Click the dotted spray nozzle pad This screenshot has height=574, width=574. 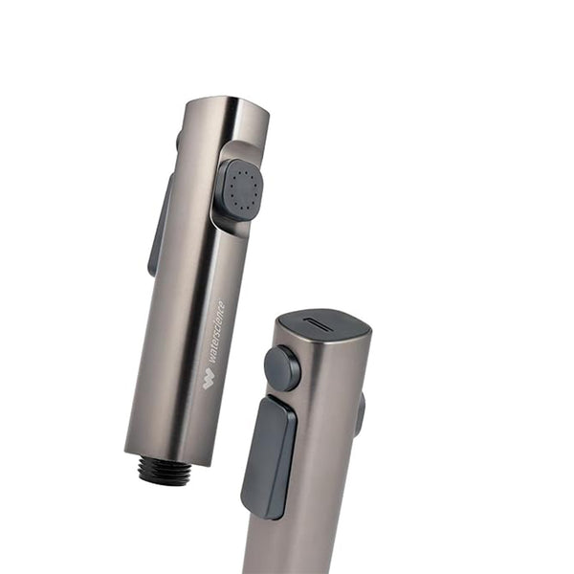coord(241,187)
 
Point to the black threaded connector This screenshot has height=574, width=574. coord(164,471)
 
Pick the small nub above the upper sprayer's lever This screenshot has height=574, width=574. coord(178,141)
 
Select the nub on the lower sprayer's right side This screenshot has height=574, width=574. coord(360,413)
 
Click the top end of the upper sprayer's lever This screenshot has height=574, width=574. coord(169,182)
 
